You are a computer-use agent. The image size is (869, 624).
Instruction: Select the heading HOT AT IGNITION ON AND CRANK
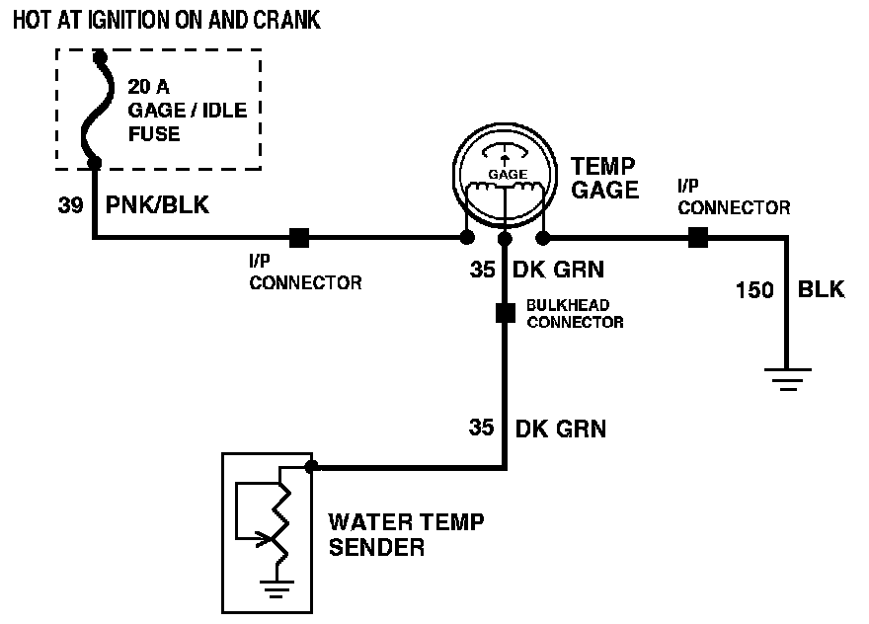click(166, 20)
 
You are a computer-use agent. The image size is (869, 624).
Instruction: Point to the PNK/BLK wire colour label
click(157, 206)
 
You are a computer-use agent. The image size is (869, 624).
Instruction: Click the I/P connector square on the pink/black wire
click(298, 238)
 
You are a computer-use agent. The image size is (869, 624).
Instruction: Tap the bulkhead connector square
click(506, 314)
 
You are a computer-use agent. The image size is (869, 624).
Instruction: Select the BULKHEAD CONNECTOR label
click(574, 315)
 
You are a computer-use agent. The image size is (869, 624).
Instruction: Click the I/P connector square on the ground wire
click(697, 237)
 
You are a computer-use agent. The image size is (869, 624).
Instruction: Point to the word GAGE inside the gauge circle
click(508, 174)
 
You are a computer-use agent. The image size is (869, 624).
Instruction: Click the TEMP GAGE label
click(604, 179)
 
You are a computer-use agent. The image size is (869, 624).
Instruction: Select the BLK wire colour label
click(821, 290)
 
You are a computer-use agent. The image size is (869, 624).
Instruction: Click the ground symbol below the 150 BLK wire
click(786, 379)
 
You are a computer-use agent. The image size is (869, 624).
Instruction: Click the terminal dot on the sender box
click(311, 466)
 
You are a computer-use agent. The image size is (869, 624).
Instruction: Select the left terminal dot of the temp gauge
click(466, 238)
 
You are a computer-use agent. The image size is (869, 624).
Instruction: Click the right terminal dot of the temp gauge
click(543, 238)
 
